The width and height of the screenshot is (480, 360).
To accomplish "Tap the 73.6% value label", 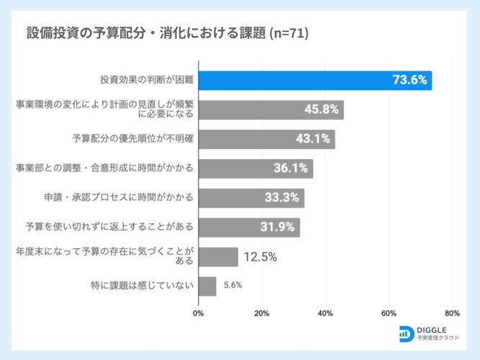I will [410, 79].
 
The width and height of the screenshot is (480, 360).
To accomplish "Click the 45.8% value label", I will [322, 109].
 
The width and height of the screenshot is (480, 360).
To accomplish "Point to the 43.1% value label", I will [313, 139].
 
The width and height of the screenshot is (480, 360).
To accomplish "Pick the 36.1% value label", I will [291, 168].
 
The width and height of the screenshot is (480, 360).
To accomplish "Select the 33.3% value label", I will [283, 198].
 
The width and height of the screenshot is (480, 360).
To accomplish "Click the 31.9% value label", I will [278, 228].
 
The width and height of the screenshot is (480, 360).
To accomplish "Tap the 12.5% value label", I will [260, 257].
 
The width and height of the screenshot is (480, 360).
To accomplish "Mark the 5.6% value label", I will [232, 286].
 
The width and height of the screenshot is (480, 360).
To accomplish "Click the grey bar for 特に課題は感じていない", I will [207, 286].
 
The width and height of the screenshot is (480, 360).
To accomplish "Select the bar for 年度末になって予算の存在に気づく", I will [218, 257].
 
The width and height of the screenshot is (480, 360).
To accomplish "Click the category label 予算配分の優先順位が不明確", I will [133, 139].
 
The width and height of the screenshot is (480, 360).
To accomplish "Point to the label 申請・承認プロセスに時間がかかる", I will [120, 198].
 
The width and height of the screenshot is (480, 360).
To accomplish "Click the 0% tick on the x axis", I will [199, 314].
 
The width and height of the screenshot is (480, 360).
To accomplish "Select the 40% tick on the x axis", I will [325, 314].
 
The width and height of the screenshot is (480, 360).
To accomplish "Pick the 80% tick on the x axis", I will [452, 314].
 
